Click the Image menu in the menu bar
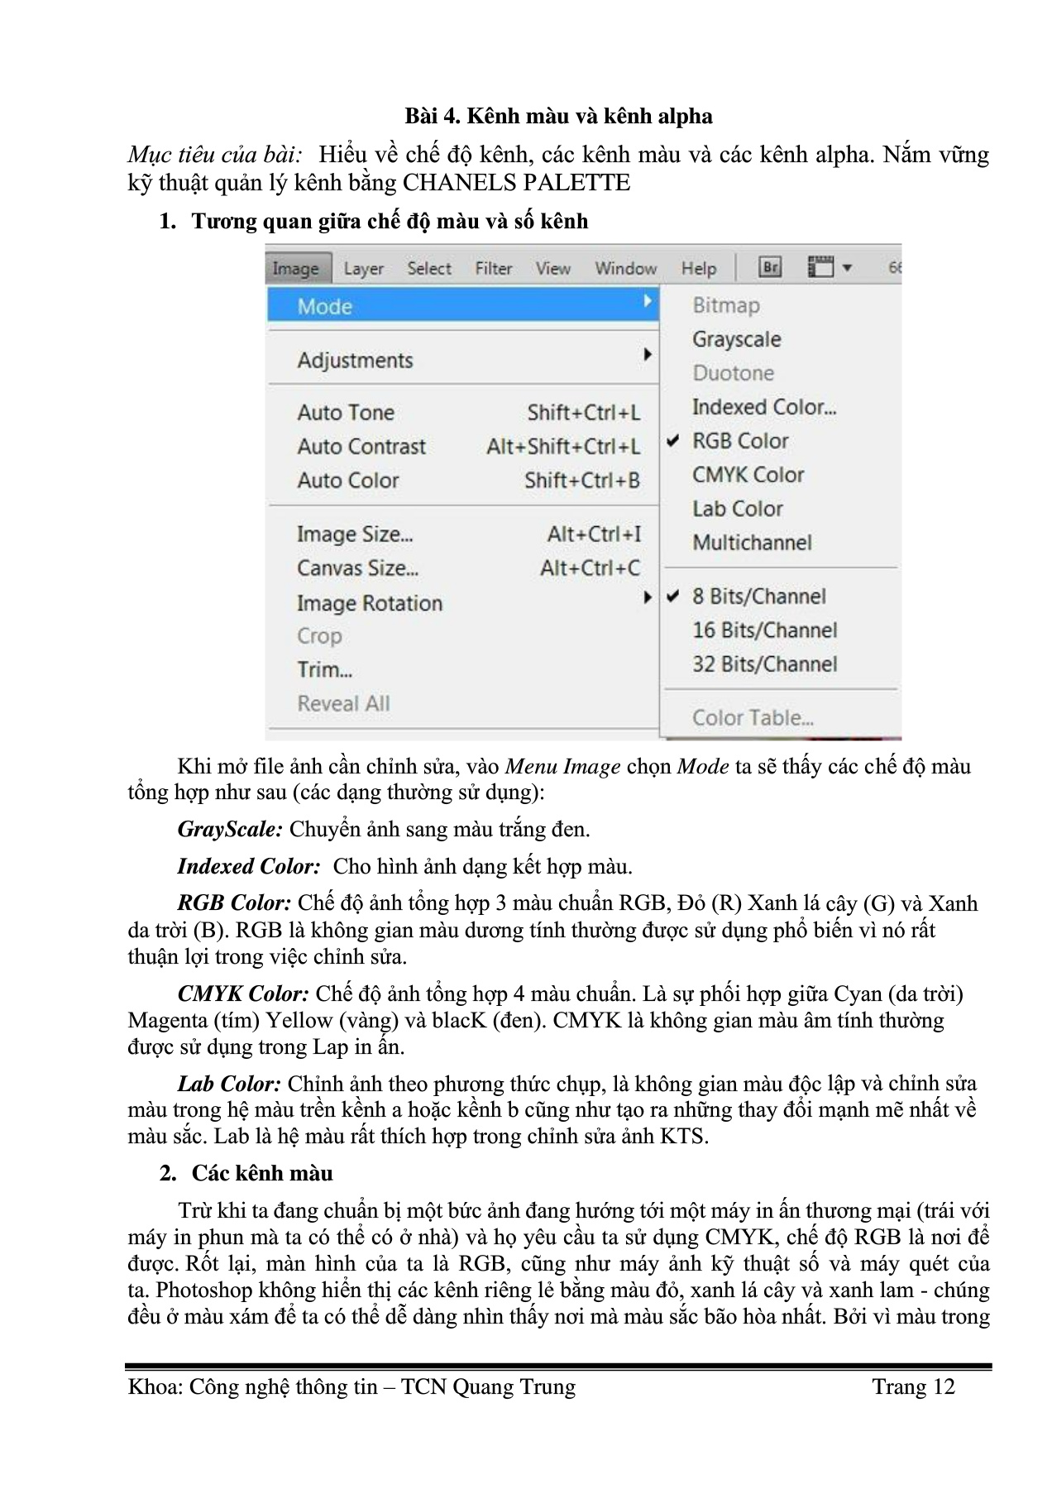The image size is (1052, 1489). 295,269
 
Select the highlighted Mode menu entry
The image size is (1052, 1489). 325,307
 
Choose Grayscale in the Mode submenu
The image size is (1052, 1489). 736,340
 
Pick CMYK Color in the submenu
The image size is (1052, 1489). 748,475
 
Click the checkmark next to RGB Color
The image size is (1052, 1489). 673,442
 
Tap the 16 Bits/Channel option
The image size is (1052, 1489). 764,630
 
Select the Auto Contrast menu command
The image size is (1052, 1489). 361,447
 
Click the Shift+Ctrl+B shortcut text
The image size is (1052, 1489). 581,481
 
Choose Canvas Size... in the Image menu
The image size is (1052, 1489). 357,568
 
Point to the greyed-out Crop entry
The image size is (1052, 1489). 319,636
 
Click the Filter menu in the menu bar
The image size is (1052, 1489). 493,269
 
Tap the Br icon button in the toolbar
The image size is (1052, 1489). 770,267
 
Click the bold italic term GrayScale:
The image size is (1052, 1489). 230,829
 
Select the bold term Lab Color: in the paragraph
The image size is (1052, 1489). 229,1084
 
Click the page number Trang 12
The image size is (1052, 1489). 913,1387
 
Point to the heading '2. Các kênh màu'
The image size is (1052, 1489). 246,1173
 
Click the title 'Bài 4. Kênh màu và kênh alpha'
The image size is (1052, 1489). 558,116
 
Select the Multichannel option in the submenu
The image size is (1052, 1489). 752,543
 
